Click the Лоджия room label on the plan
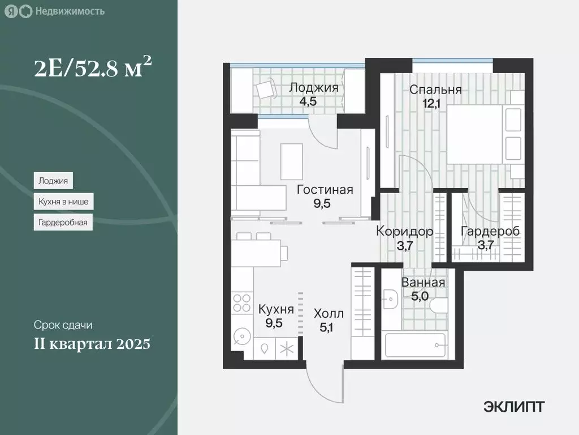[314, 87]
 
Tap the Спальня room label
[435, 89]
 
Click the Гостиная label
[325, 190]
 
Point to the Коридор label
[405, 231]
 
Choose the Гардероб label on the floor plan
[490, 231]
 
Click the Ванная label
[423, 283]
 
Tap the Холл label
[329, 313]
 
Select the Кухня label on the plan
[276, 309]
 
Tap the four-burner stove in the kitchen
[242, 303]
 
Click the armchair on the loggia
[264, 89]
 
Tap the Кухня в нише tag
[63, 202]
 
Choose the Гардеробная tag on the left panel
[62, 222]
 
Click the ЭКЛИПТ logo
[514, 406]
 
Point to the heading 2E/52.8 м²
[92, 70]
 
